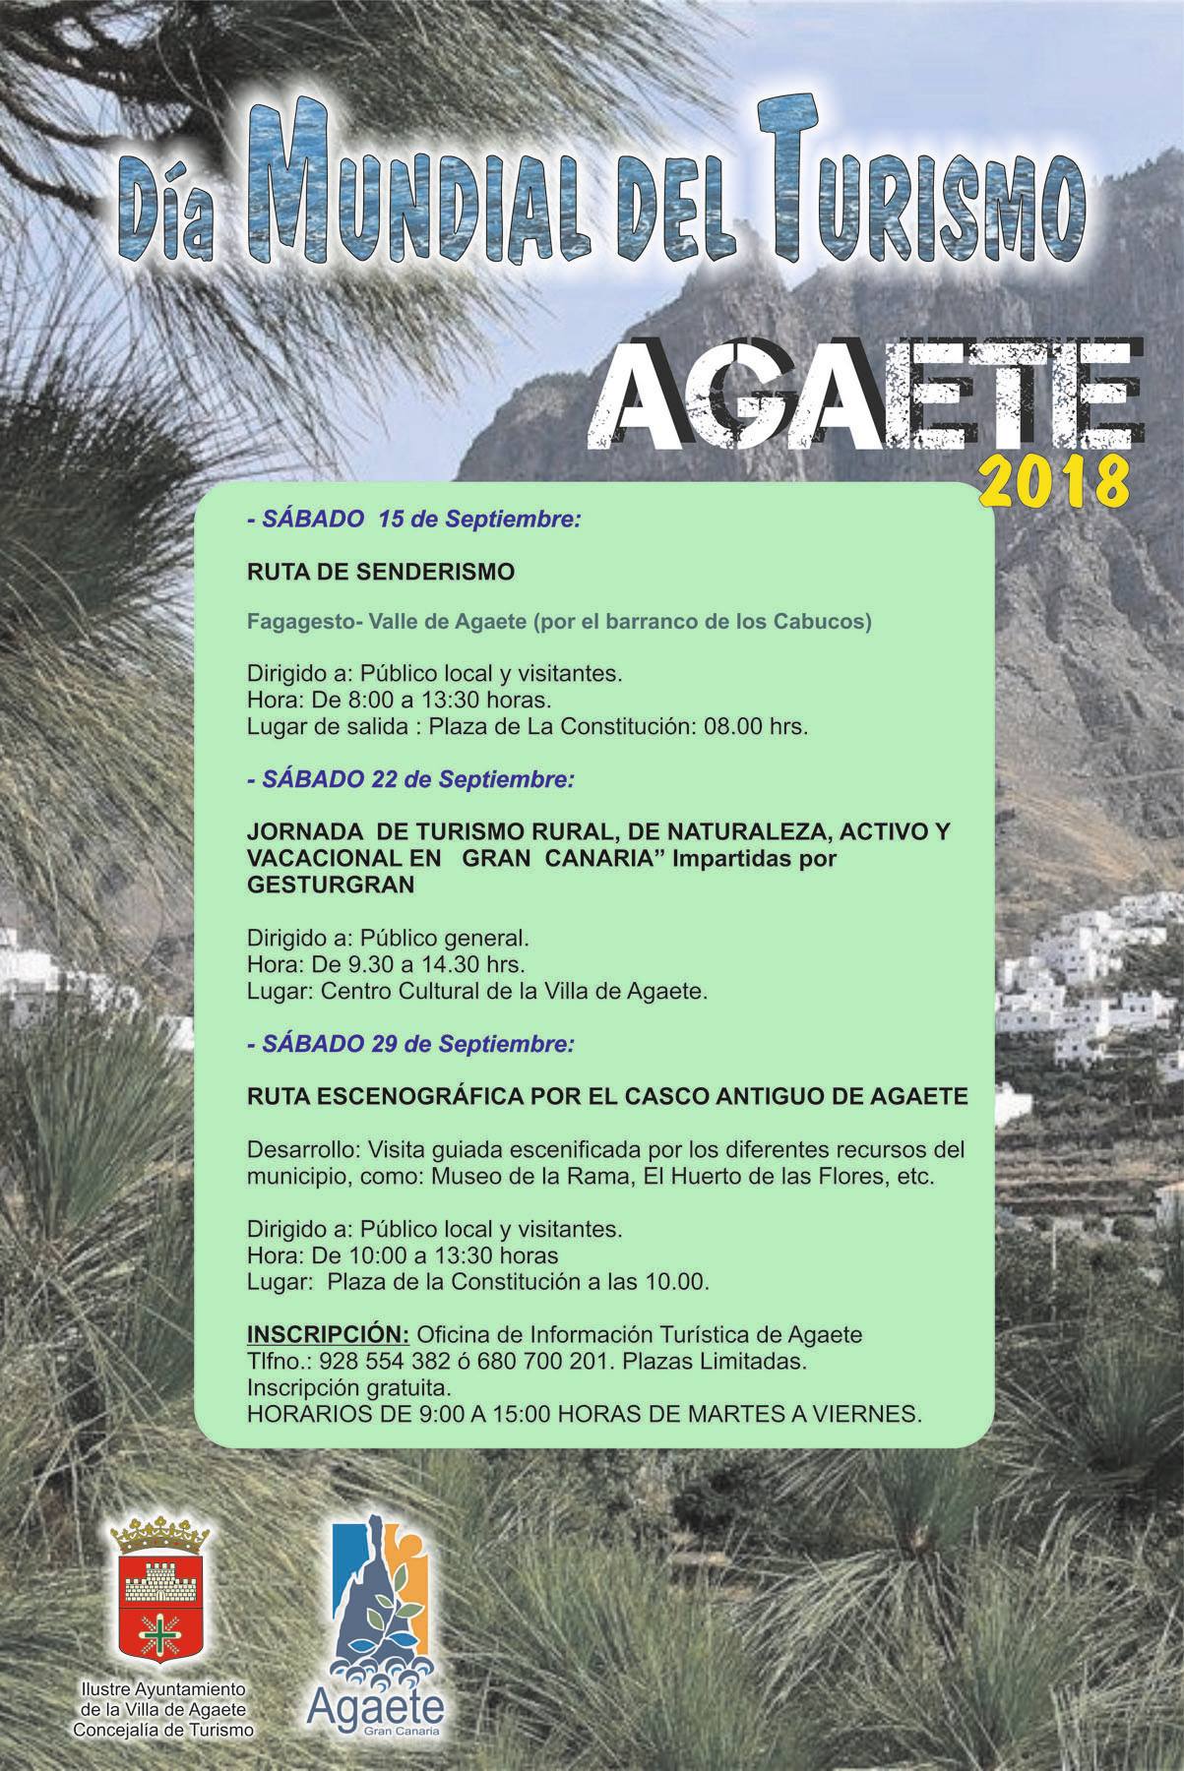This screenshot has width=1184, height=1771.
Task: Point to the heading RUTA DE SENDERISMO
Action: point(380,572)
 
